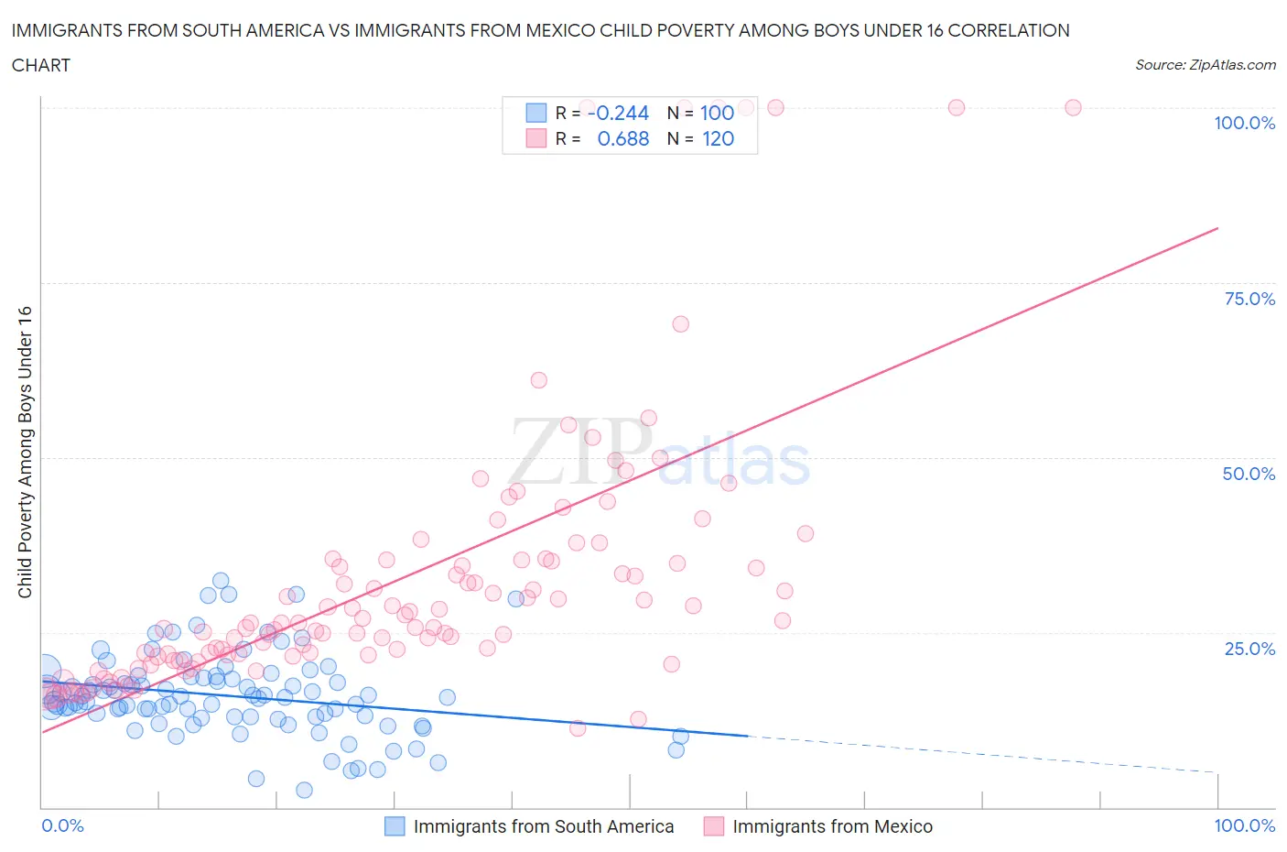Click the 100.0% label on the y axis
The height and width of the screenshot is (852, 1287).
[1244, 123]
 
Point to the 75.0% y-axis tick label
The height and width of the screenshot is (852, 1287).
[1249, 299]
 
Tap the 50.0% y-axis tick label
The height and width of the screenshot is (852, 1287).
[1249, 474]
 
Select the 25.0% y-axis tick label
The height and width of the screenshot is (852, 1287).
[1249, 649]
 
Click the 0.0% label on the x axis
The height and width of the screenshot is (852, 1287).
[62, 825]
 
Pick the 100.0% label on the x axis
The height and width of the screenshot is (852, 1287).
[1244, 825]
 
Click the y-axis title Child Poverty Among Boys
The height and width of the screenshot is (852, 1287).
[25, 452]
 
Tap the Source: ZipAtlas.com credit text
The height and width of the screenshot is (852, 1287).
[1205, 64]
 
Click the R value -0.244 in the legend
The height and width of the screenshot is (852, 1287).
[619, 113]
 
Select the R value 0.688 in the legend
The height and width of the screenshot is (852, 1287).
[622, 138]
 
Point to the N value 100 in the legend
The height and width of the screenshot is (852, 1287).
[717, 113]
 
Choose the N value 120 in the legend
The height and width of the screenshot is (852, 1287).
[718, 138]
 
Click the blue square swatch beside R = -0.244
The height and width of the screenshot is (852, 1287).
[535, 113]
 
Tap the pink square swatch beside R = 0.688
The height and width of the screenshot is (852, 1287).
[535, 138]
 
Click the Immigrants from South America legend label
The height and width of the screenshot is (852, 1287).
[543, 826]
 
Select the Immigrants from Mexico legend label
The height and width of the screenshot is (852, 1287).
[832, 826]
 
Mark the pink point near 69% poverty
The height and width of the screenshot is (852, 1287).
[680, 324]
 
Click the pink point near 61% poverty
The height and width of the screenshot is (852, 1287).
[538, 380]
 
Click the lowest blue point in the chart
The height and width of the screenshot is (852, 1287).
[304, 790]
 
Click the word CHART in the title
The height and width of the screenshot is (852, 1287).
[41, 65]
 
